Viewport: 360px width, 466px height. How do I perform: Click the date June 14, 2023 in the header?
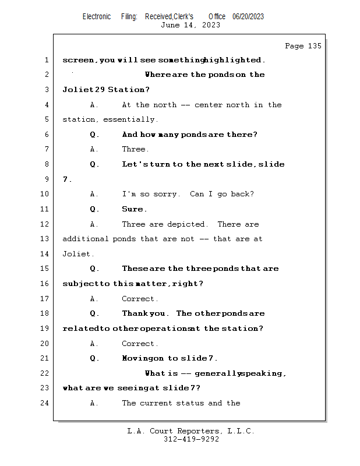pyautogui.click(x=190, y=25)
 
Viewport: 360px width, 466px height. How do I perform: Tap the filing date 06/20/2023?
pyautogui.click(x=248, y=16)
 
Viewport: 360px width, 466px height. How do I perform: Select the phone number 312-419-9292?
pyautogui.click(x=191, y=439)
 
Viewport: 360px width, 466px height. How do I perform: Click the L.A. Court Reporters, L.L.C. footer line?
pyautogui.click(x=191, y=431)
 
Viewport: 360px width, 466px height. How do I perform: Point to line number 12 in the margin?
pyautogui.click(x=45, y=224)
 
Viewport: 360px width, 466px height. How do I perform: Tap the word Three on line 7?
pyautogui.click(x=135, y=149)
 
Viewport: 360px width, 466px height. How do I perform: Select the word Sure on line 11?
pyautogui.click(x=133, y=209)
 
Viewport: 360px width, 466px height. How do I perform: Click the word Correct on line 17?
pyautogui.click(x=139, y=299)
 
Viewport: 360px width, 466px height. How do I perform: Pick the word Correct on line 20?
pyautogui.click(x=139, y=344)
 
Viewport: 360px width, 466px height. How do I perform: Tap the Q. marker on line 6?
pyautogui.click(x=94, y=135)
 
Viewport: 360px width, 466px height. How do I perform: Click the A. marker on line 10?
pyautogui.click(x=94, y=194)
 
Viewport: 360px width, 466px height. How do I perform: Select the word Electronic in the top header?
pyautogui.click(x=97, y=16)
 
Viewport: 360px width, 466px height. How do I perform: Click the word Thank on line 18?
pyautogui.click(x=135, y=313)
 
